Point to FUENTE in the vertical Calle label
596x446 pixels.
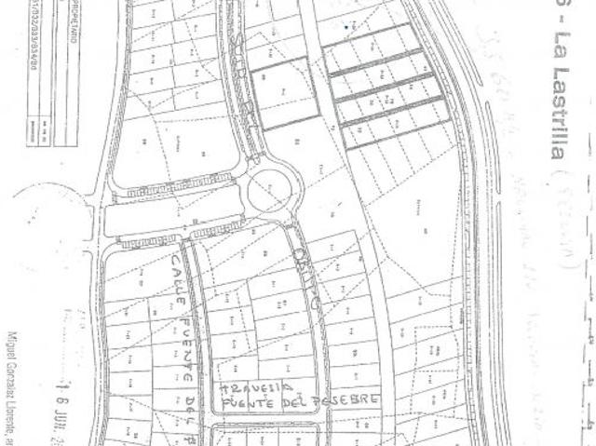pyautogui.click(x=187, y=332)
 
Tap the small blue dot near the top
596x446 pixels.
pyautogui.click(x=346, y=27)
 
